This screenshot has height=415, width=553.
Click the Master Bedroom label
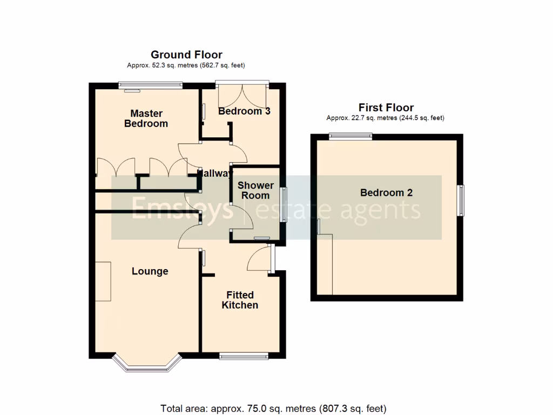point(146,118)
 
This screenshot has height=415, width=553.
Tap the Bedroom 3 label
point(244,111)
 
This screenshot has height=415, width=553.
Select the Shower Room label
point(255,190)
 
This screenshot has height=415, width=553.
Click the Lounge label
point(150,271)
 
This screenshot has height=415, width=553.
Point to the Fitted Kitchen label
point(240,300)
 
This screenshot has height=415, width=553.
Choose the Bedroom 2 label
point(386,192)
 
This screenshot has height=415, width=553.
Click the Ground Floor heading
point(186,55)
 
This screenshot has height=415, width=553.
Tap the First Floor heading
point(386,108)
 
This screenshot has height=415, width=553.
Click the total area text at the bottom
point(274,409)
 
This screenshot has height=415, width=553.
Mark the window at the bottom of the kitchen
point(244,355)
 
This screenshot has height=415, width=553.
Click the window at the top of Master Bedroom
point(151,85)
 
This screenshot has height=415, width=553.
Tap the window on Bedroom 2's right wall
point(462,200)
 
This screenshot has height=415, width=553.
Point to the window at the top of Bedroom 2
point(350,136)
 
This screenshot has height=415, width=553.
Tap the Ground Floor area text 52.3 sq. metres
point(186,65)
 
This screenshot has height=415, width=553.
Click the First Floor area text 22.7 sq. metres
point(386,118)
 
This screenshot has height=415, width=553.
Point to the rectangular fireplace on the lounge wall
point(103,281)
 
